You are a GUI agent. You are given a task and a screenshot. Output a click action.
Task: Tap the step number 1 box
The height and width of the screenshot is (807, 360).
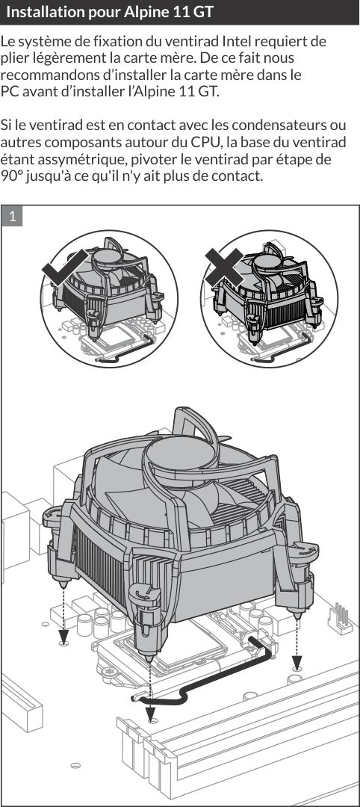[x=13, y=216]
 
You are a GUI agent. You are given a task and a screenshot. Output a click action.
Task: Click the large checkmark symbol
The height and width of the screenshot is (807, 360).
[x=65, y=268]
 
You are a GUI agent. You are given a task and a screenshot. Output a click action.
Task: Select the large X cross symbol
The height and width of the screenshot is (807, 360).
[x=224, y=267]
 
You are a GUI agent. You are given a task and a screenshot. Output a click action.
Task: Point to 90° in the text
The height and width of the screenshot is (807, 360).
[x=11, y=176]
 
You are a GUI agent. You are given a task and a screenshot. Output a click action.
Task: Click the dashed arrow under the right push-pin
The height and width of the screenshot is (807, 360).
[x=297, y=641]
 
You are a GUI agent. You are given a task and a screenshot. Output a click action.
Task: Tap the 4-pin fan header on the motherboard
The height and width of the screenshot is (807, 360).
[x=339, y=616]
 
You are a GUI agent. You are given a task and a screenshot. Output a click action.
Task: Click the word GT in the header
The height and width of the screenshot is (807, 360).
[x=203, y=12]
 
